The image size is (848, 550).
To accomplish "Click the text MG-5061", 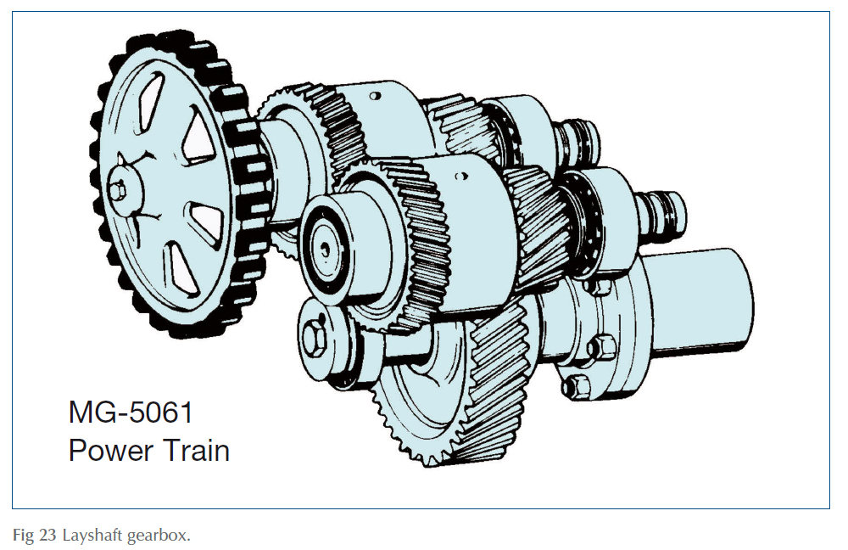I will (131, 413).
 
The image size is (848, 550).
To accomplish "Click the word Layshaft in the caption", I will (89, 536).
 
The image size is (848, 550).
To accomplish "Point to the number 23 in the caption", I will (45, 536).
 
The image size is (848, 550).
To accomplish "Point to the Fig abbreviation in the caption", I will (24, 536).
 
